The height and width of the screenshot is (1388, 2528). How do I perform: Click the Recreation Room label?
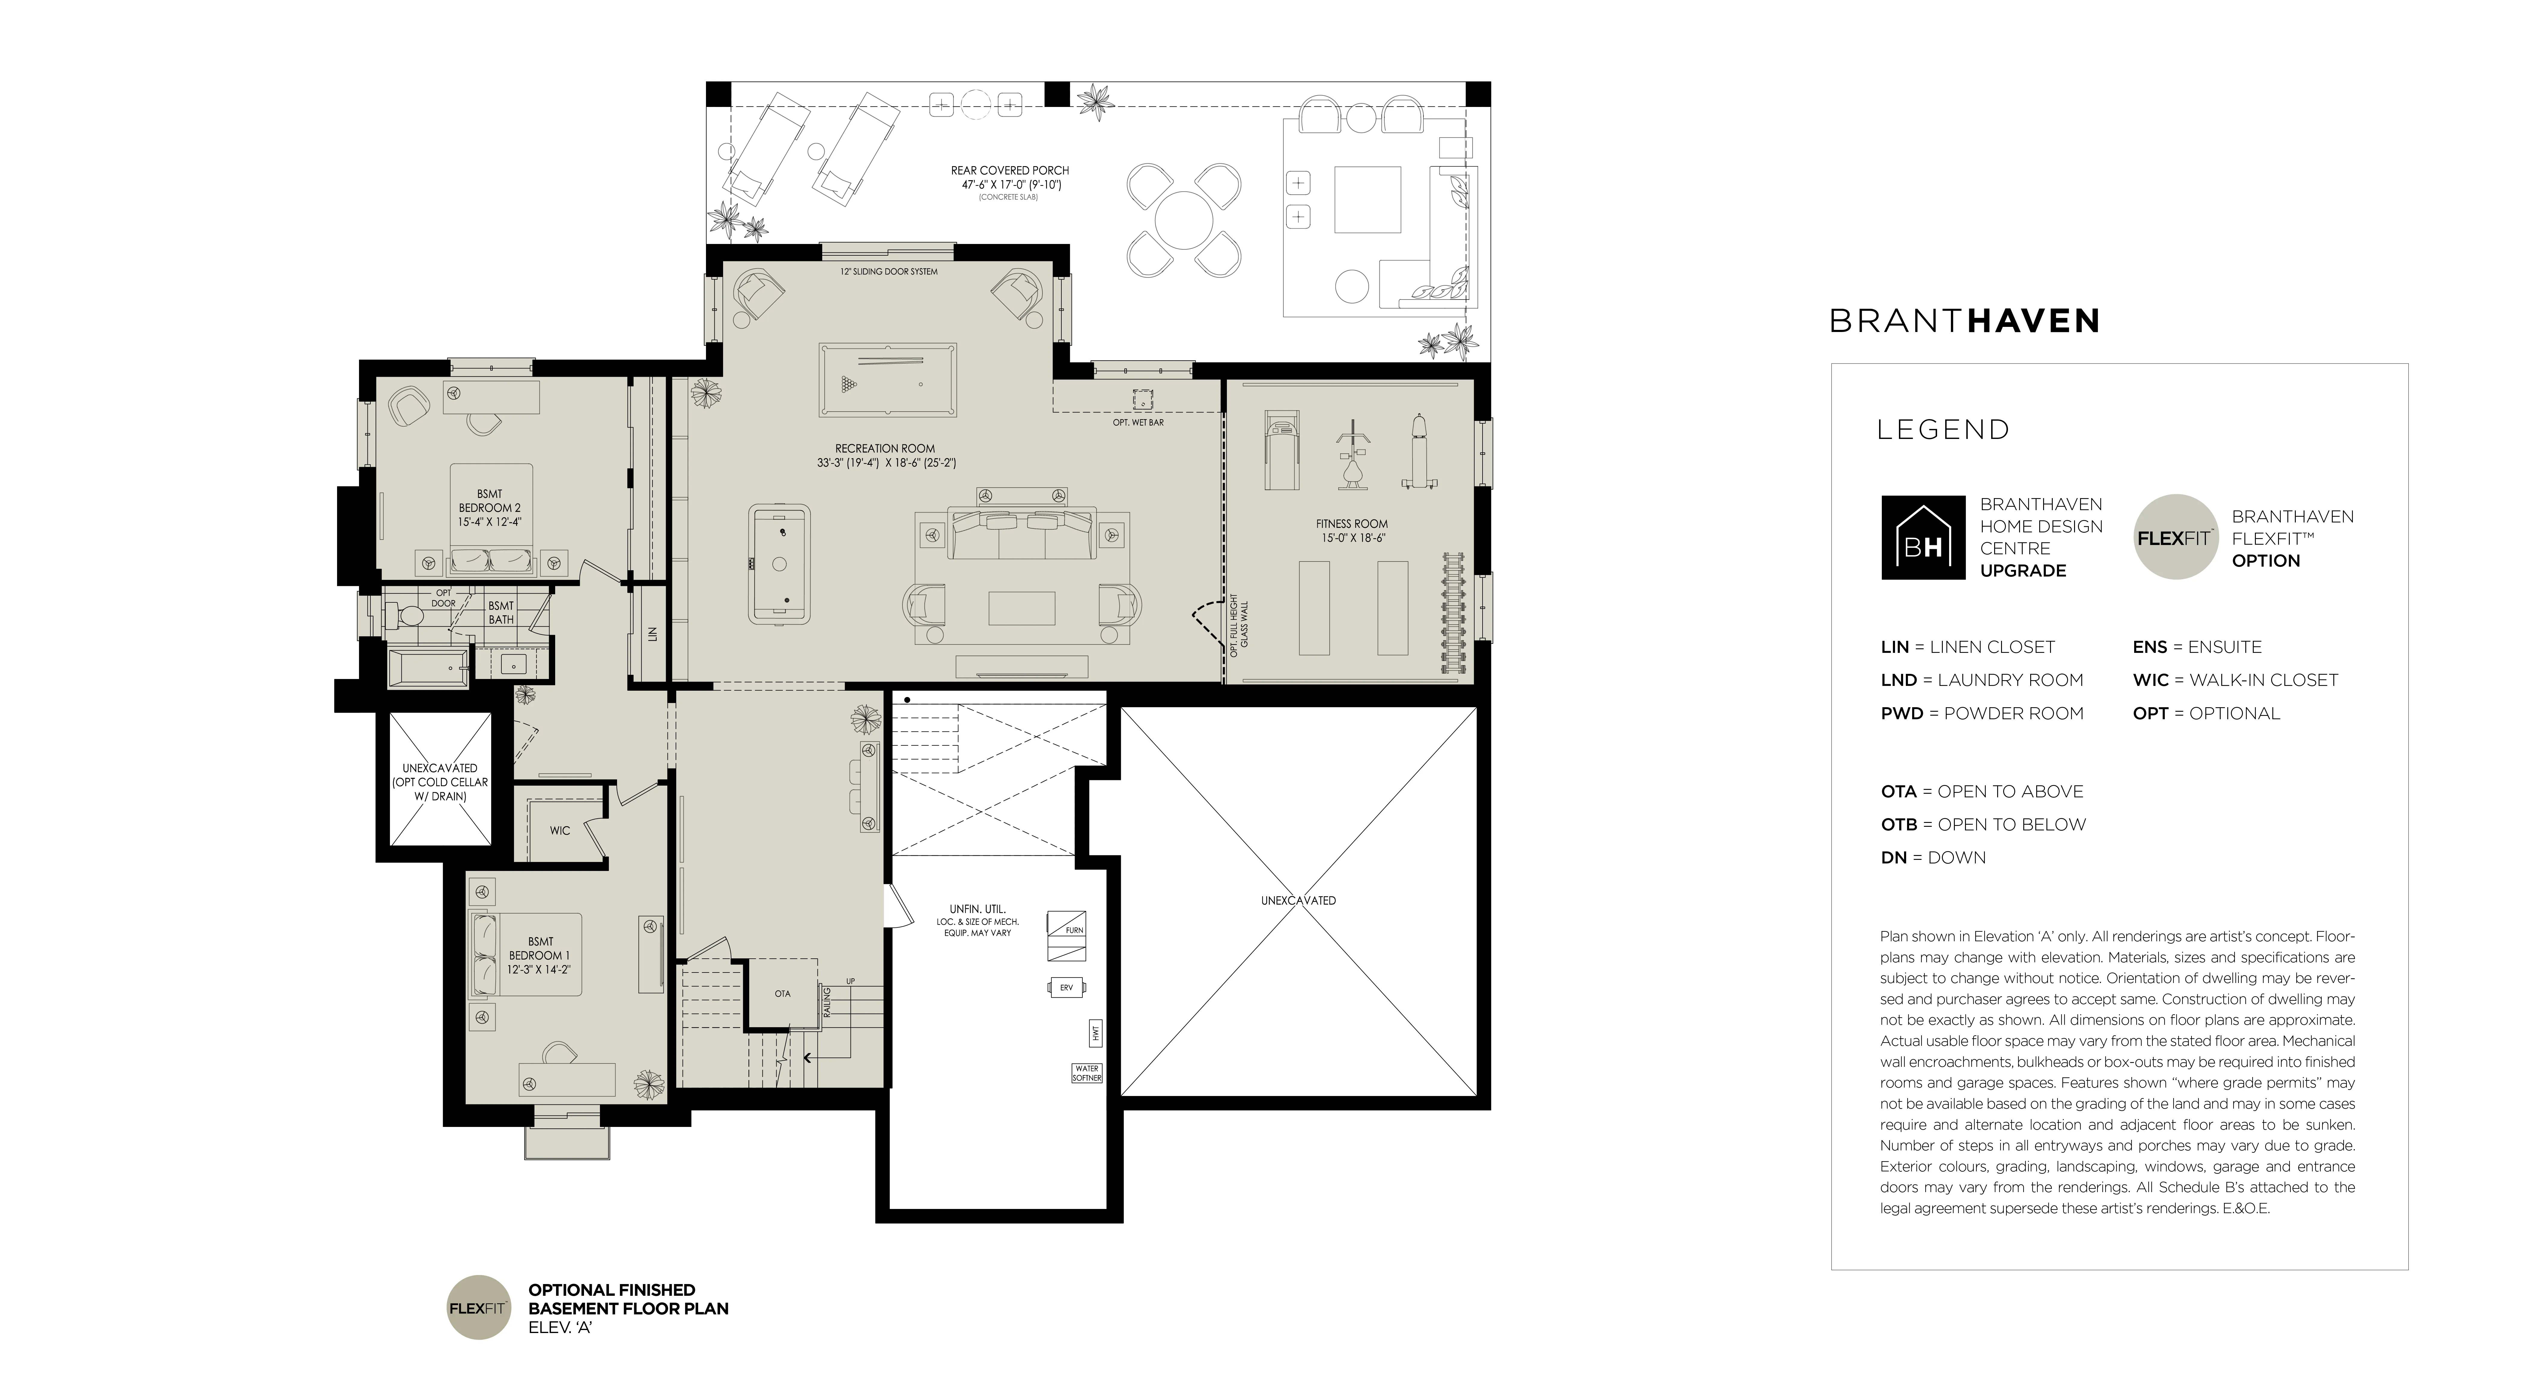pos(885,449)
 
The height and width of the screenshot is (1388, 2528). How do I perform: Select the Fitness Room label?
pos(1351,524)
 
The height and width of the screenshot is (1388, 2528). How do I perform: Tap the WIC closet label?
pos(559,830)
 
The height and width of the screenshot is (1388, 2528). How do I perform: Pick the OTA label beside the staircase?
pos(782,994)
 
